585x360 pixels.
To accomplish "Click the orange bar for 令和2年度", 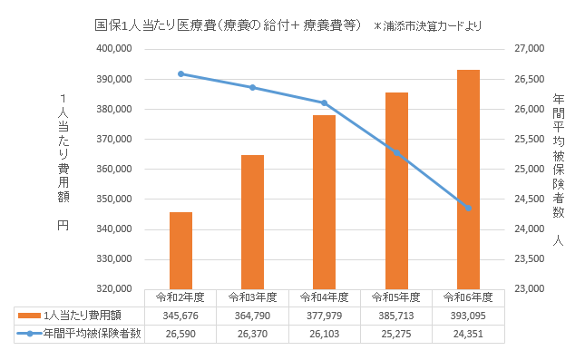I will (x=180, y=250).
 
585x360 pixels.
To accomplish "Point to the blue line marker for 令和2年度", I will (x=180, y=73).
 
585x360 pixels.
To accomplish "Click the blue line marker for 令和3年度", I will (x=252, y=87).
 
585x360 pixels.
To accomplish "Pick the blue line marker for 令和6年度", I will (x=468, y=209).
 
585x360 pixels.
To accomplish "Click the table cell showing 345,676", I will (x=180, y=316).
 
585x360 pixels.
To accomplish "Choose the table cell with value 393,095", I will (x=468, y=316).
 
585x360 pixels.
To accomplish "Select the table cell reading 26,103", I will (x=324, y=333).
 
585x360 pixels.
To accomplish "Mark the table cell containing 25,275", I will (x=396, y=333).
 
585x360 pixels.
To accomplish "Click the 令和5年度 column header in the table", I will (x=396, y=297).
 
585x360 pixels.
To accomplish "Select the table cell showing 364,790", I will (x=252, y=316).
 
